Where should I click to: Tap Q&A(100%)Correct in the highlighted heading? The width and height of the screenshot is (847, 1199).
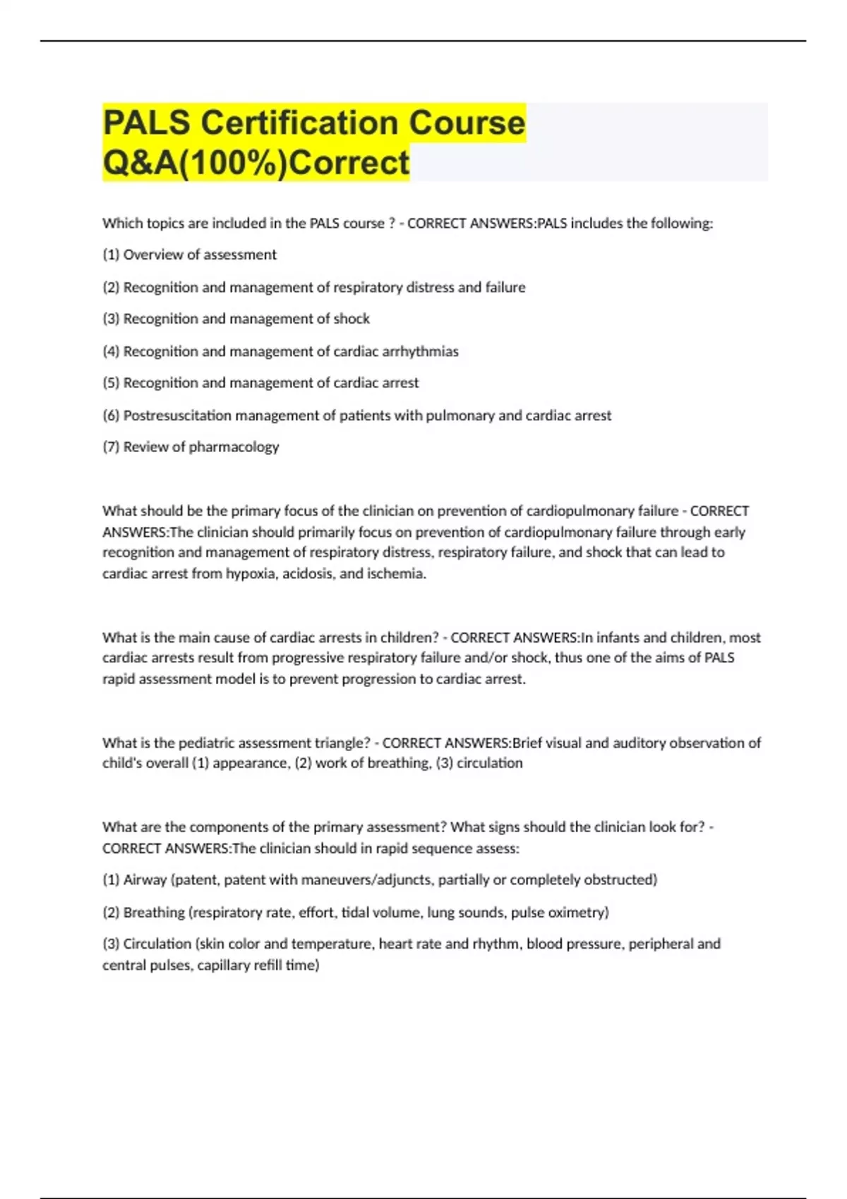pyautogui.click(x=256, y=162)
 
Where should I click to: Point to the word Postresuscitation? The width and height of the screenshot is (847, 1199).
pyautogui.click(x=177, y=415)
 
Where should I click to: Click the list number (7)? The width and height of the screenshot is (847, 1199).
pyautogui.click(x=111, y=447)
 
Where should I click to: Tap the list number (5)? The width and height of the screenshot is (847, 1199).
pyautogui.click(x=111, y=383)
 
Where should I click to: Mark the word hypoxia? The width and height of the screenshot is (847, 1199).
pyautogui.click(x=251, y=573)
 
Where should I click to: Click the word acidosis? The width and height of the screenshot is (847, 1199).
pyautogui.click(x=308, y=573)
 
